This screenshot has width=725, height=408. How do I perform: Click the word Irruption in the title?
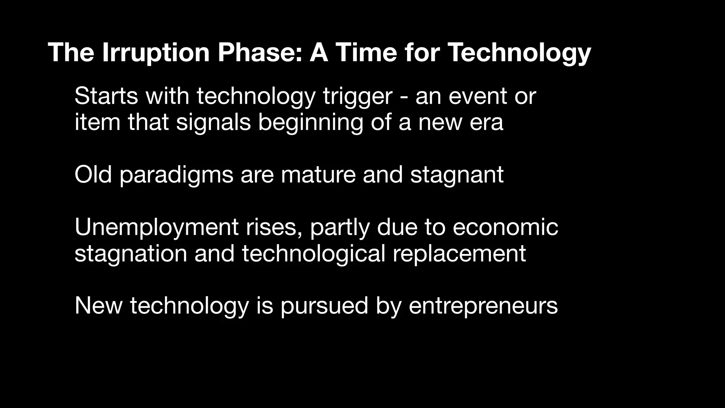tap(156, 52)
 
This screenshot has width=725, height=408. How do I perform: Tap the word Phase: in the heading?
tap(260, 52)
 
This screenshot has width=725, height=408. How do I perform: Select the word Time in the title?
tap(367, 52)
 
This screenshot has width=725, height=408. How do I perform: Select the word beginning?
tap(310, 123)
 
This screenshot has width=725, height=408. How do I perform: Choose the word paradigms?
tap(176, 175)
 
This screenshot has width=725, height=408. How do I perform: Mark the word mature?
tap(318, 175)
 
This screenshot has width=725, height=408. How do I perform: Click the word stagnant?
tap(457, 175)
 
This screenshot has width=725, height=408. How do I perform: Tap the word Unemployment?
tap(156, 227)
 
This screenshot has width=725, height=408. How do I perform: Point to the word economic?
tap(505, 227)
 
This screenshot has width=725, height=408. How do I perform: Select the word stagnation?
tap(131, 254)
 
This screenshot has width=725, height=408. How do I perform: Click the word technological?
tap(313, 254)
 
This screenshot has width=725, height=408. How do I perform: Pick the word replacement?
tap(459, 254)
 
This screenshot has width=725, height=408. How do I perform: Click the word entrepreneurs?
tap(483, 306)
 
